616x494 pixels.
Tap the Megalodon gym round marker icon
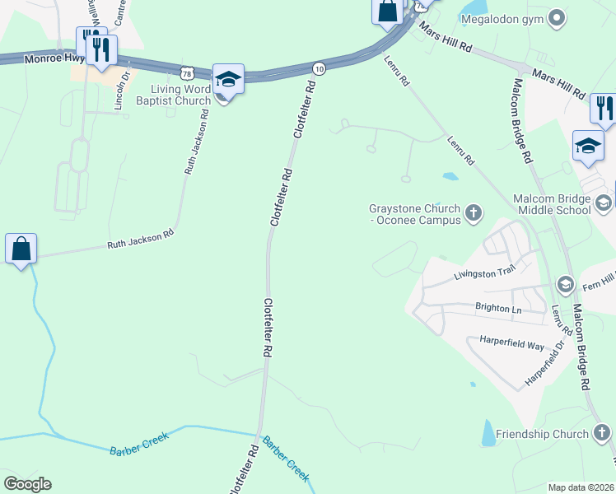tap(557, 17)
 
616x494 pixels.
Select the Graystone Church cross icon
tap(474, 214)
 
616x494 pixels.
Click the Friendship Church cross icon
tap(601, 433)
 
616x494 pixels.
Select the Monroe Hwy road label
tap(54, 59)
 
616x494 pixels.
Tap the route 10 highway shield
tap(319, 68)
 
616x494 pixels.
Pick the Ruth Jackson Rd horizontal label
tap(141, 240)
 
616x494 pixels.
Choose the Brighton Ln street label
tap(499, 308)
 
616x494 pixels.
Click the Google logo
tap(27, 484)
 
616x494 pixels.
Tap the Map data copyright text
tap(581, 487)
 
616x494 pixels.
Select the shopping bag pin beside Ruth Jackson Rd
tap(21, 247)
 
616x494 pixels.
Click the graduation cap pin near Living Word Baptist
tap(228, 80)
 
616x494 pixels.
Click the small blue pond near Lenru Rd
tap(450, 175)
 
